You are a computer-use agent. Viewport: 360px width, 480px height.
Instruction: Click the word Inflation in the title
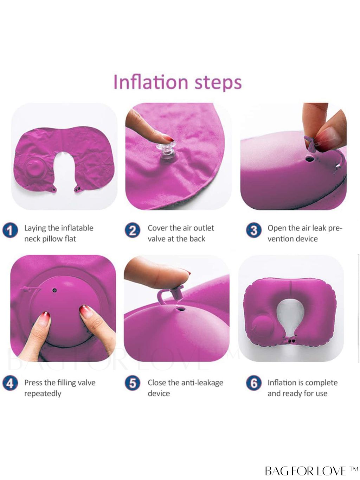tap(151, 82)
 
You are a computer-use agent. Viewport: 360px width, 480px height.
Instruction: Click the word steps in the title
tap(218, 83)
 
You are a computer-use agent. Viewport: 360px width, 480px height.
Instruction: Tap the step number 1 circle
tap(10, 230)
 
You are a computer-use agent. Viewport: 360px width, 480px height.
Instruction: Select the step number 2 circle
tap(133, 230)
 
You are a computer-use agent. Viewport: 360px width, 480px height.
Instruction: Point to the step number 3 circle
tap(254, 230)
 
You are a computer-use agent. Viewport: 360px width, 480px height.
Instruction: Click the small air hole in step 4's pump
tap(54, 290)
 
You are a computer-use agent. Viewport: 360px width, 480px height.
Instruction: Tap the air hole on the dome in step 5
tap(181, 309)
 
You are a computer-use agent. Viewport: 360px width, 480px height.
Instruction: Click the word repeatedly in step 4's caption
tap(43, 394)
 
